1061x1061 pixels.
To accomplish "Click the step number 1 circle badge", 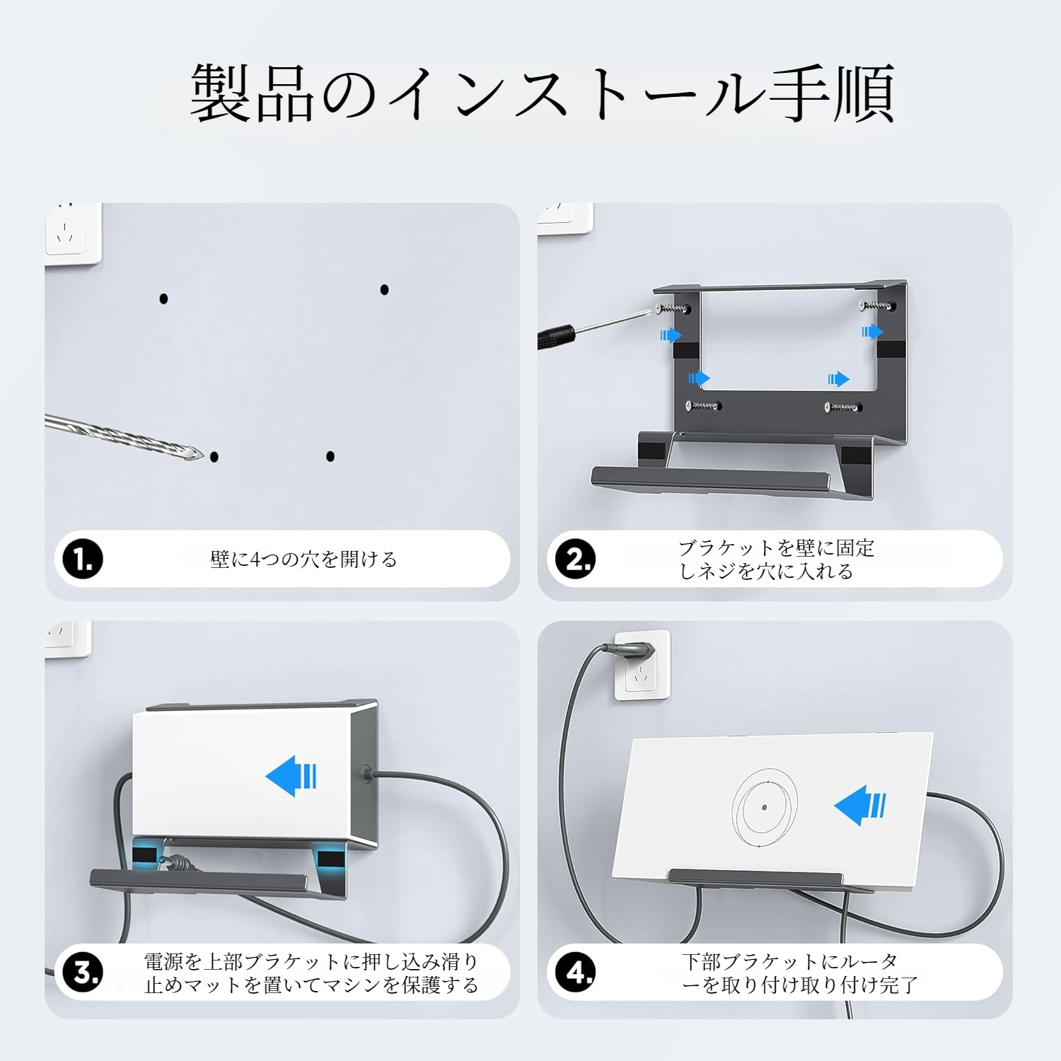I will [83, 559].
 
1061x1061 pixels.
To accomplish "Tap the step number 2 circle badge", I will [575, 559].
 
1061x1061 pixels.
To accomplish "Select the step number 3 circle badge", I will [83, 973].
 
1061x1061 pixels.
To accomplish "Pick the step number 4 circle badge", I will [575, 973].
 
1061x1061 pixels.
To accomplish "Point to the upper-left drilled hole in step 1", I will [163, 298].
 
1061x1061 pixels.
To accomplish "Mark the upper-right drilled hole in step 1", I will [384, 289].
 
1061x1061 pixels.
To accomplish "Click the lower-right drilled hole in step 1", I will [330, 456].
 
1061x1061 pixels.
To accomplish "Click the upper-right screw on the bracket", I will [877, 306].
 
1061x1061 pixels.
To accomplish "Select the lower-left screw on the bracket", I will [703, 406].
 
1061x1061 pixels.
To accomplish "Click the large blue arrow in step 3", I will [291, 776].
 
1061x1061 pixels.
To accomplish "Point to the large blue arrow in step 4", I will [859, 805].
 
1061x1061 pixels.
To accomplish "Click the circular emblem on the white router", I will [765, 807].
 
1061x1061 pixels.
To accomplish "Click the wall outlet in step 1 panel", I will [72, 233].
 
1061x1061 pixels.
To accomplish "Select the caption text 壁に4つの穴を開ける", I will [303, 560].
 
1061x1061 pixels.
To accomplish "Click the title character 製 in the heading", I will [221, 93].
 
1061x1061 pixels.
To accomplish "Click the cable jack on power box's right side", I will [366, 774].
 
